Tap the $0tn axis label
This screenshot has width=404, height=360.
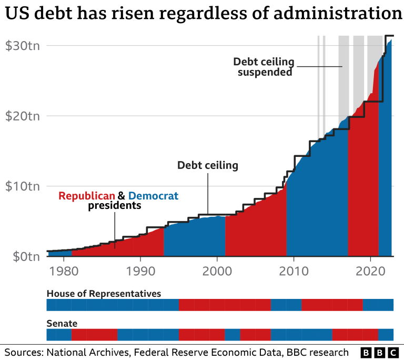pyautogui.click(x=23, y=256)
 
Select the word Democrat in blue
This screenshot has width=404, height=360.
pyautogui.click(x=153, y=196)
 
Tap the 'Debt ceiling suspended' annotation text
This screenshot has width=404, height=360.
pyautogui.click(x=264, y=67)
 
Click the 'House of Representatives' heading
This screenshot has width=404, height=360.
pyautogui.click(x=104, y=293)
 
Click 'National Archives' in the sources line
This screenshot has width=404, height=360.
pyautogui.click(x=83, y=352)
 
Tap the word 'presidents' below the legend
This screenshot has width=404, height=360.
pyautogui.click(x=114, y=206)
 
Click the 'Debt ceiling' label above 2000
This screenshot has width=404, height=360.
pyautogui.click(x=208, y=165)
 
